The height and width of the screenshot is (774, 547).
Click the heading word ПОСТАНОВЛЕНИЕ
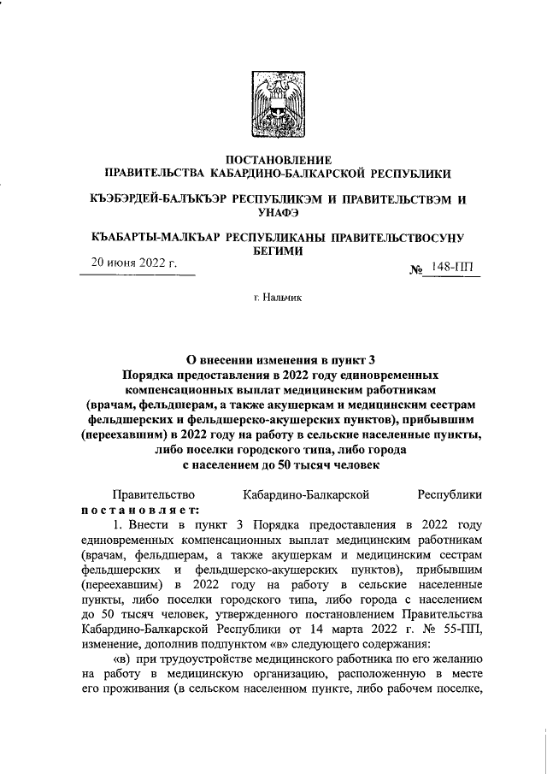tap(273, 160)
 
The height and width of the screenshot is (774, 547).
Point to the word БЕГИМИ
tap(273, 252)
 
